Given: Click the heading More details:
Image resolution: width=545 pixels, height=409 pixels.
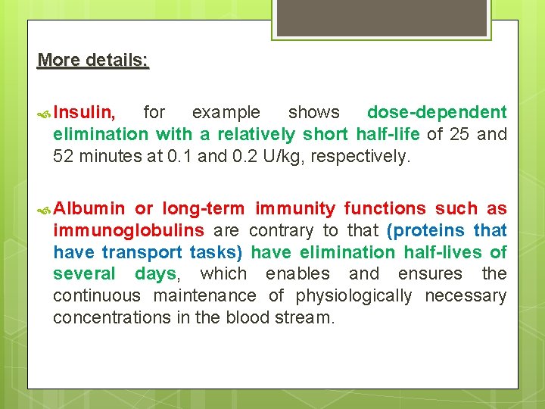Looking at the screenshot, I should coord(93,60).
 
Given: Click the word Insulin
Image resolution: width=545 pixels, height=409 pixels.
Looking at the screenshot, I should coord(84,113).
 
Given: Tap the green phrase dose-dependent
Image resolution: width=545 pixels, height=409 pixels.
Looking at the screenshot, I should coord(436,113).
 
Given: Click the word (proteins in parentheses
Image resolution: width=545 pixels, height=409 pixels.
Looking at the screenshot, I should coord(425,230).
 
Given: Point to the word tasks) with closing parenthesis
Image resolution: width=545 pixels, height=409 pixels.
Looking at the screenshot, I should coord(216,252).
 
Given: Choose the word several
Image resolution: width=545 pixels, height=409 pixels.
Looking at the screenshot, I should coord(83,273).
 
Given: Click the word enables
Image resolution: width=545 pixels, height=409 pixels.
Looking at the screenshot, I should coord(297,273).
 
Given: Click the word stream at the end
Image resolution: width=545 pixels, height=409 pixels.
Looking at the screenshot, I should coord(308,317).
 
